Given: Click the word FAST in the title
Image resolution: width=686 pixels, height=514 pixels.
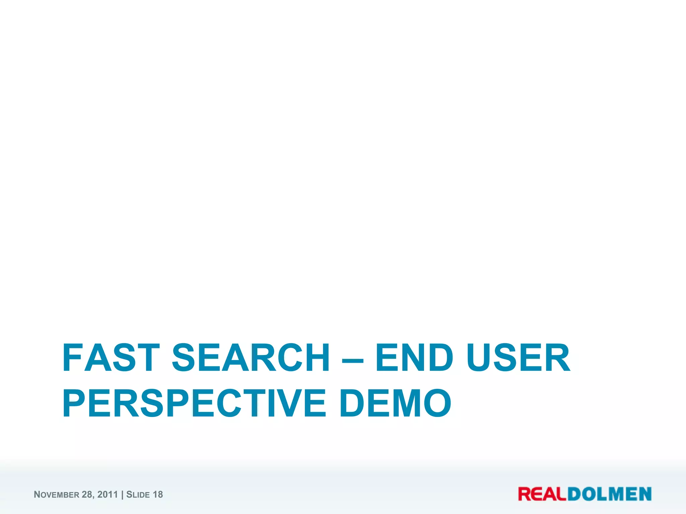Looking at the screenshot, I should [x=111, y=358].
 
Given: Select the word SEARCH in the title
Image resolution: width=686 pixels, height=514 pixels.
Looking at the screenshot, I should [x=251, y=358].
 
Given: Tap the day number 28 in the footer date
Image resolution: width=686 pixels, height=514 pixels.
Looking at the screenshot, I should [x=87, y=495].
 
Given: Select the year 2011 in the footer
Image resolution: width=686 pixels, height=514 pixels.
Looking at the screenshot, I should [x=108, y=495].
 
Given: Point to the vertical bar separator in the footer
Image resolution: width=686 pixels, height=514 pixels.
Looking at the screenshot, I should [x=122, y=495].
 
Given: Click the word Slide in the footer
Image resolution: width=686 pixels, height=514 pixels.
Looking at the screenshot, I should [x=138, y=495].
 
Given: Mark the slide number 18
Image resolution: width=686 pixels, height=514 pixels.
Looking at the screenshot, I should [x=158, y=495].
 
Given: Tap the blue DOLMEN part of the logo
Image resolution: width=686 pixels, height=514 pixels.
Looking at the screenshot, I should [x=610, y=494].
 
